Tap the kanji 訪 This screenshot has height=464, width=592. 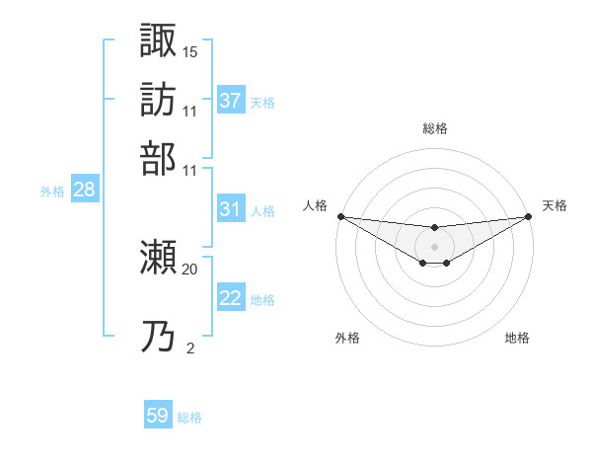[158, 99]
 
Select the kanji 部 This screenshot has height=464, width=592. [158, 158]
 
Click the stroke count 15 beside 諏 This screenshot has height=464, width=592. [190, 50]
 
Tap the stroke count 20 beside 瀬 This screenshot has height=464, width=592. [190, 269]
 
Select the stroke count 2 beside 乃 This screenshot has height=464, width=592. [189, 348]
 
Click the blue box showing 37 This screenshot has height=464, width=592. [231, 101]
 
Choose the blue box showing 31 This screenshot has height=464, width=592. [231, 209]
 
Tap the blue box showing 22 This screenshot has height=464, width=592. [231, 298]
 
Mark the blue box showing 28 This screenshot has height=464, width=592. [84, 190]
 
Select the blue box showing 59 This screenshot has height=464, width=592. [158, 416]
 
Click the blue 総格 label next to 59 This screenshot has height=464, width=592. [189, 418]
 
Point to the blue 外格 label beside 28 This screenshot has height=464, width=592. [52, 192]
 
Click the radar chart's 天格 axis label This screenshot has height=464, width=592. [555, 205]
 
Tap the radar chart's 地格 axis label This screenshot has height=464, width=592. [517, 338]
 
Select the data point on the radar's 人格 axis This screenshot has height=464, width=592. [340, 216]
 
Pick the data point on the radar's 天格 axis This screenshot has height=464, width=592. [528, 216]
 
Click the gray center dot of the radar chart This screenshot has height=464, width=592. [434, 246]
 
